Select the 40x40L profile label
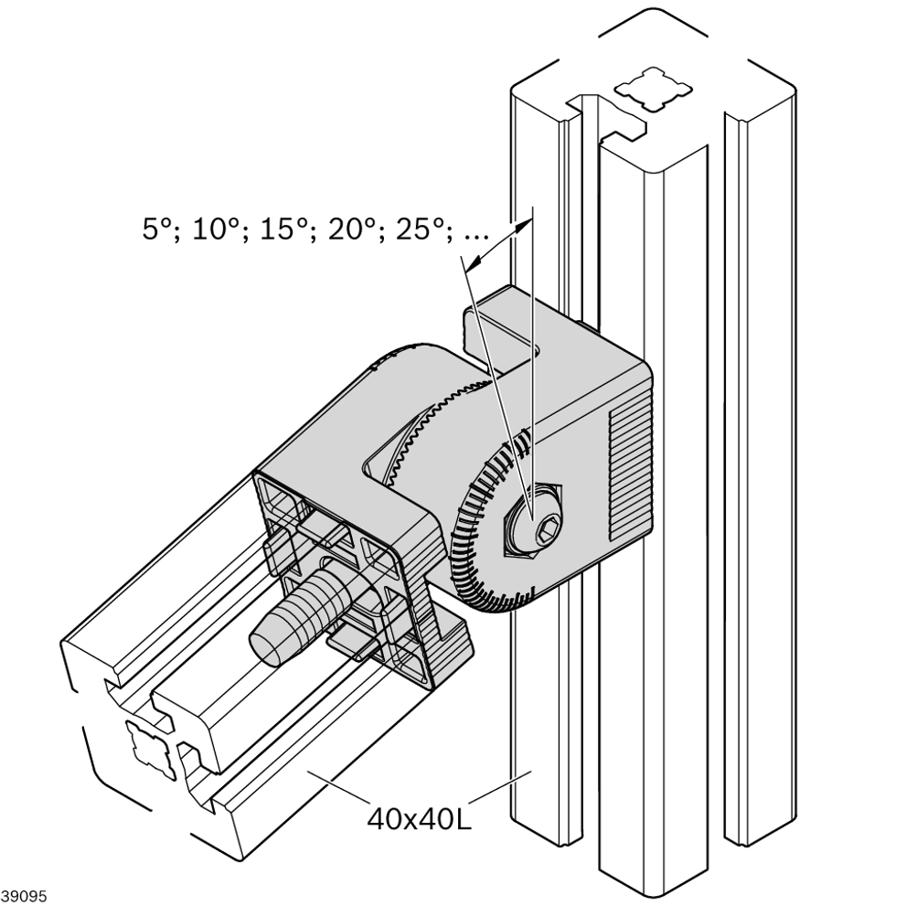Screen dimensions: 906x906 point(419,819)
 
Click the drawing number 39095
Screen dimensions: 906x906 point(23,896)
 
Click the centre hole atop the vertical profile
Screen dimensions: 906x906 point(653,90)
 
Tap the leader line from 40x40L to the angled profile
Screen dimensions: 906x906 point(338,786)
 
